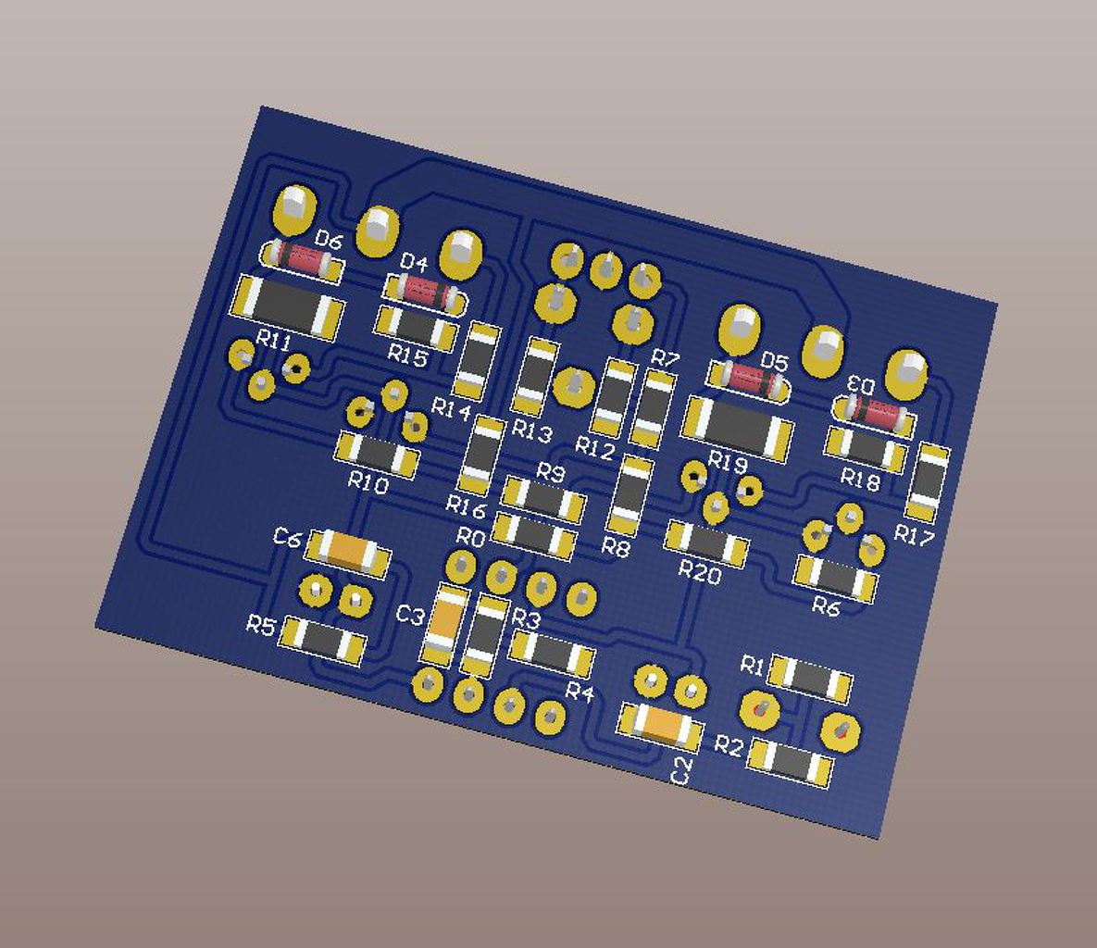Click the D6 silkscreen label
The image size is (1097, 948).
328,241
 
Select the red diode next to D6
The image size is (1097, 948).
303,259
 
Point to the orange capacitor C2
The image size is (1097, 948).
660,725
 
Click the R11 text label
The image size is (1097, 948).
273,340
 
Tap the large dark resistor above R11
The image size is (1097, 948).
288,307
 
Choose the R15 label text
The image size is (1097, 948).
407,355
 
